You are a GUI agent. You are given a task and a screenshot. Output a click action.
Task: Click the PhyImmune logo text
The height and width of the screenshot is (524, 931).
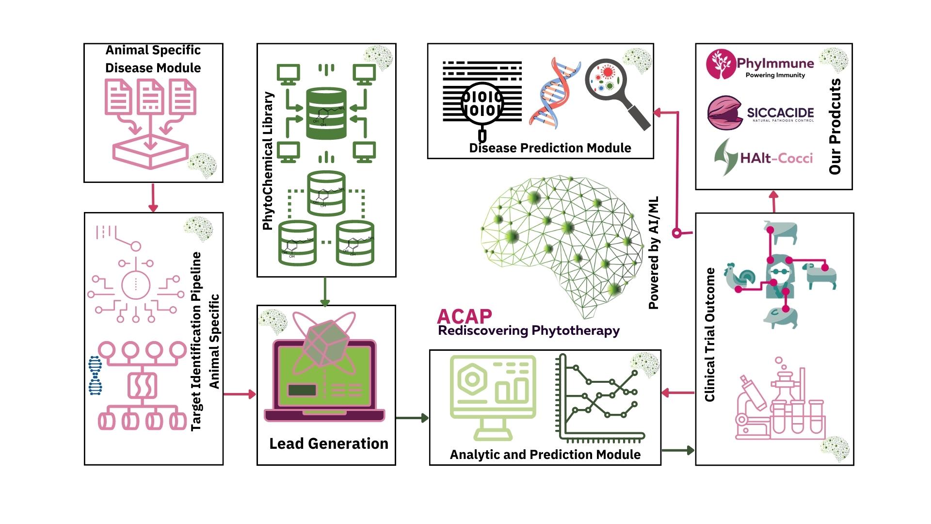click(775, 63)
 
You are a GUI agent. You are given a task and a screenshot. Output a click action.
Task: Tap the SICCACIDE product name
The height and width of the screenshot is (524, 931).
click(780, 113)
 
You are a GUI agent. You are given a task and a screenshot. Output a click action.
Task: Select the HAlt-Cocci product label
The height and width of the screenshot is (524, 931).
click(776, 158)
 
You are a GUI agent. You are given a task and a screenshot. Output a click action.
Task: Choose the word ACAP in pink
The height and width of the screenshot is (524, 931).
click(464, 316)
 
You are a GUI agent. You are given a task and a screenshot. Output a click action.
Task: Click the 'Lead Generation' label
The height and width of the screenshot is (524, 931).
click(329, 443)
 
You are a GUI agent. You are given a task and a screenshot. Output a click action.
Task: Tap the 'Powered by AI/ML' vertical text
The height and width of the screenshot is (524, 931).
click(654, 253)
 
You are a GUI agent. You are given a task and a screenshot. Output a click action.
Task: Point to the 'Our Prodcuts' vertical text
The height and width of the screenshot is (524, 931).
click(835, 127)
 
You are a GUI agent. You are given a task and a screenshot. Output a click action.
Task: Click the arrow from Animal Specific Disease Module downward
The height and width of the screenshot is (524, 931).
click(153, 197)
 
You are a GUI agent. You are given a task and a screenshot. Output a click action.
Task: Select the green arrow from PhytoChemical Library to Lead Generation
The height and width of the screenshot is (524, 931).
click(325, 292)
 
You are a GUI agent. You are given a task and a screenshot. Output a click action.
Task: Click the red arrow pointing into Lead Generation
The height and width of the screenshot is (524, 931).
click(240, 394)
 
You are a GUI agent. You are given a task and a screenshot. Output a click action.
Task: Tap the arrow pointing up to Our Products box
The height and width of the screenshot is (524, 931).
click(774, 201)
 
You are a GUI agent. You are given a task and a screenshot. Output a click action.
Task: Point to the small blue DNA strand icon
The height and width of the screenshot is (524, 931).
click(95, 375)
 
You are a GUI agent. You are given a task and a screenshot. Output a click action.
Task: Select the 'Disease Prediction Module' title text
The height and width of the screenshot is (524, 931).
click(550, 148)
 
